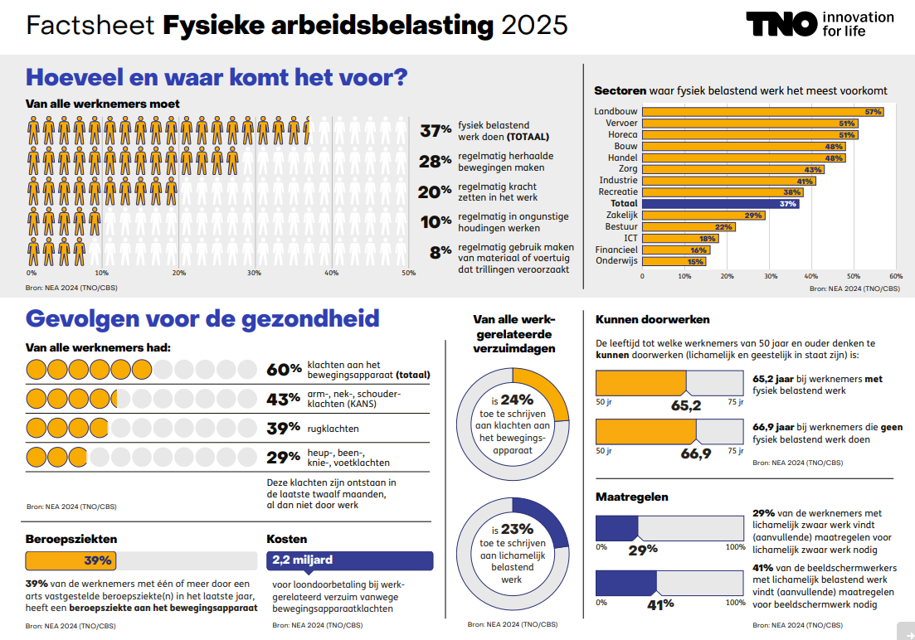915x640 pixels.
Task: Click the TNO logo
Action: tap(781, 24)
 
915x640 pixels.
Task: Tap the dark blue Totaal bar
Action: tap(720, 204)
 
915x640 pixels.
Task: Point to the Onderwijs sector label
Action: tap(616, 261)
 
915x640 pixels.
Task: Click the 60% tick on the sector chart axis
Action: tap(896, 276)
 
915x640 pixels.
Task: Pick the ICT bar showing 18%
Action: tap(680, 238)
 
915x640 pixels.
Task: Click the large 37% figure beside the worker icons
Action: tap(436, 131)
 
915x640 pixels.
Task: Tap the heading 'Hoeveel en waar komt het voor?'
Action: tap(217, 77)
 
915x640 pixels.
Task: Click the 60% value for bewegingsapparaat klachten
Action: tap(283, 370)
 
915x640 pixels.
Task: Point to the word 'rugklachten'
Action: tap(333, 429)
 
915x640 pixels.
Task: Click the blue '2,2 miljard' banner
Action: tap(349, 560)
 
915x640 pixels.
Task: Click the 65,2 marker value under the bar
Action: tap(686, 405)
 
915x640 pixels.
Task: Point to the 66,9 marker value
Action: tap(696, 453)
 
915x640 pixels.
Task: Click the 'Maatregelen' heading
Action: tap(632, 497)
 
